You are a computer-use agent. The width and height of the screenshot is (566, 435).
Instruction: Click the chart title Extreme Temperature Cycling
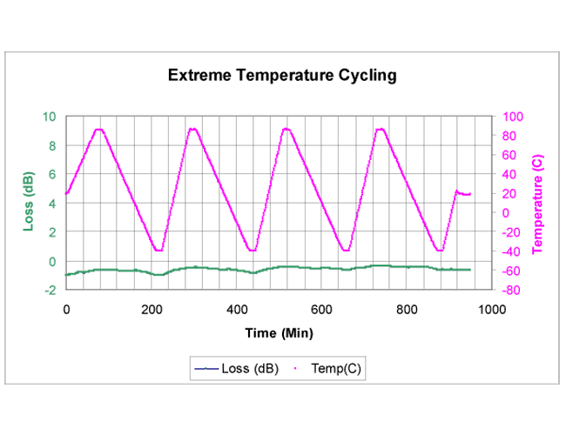pyautogui.click(x=282, y=75)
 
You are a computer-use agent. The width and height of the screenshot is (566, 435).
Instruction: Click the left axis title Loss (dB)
pyautogui.click(x=28, y=204)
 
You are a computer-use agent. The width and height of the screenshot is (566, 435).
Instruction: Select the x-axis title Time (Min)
pyautogui.click(x=279, y=332)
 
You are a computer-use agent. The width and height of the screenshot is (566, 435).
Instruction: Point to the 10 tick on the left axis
pyautogui.click(x=50, y=117)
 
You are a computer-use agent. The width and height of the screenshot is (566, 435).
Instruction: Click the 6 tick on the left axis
pyautogui.click(x=52, y=175)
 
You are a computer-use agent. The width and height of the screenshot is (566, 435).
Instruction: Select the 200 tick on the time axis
pyautogui.click(x=152, y=309)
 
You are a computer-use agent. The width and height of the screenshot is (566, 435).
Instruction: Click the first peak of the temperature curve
pyautogui.click(x=99, y=130)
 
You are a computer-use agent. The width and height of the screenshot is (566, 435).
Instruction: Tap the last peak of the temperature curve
pyautogui.click(x=381, y=130)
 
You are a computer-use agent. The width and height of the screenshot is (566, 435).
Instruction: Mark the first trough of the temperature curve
pyautogui.click(x=158, y=251)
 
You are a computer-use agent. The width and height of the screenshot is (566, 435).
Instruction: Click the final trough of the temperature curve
pyautogui.click(x=440, y=251)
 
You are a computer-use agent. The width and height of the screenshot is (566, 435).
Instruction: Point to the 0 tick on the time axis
pyautogui.click(x=66, y=309)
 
